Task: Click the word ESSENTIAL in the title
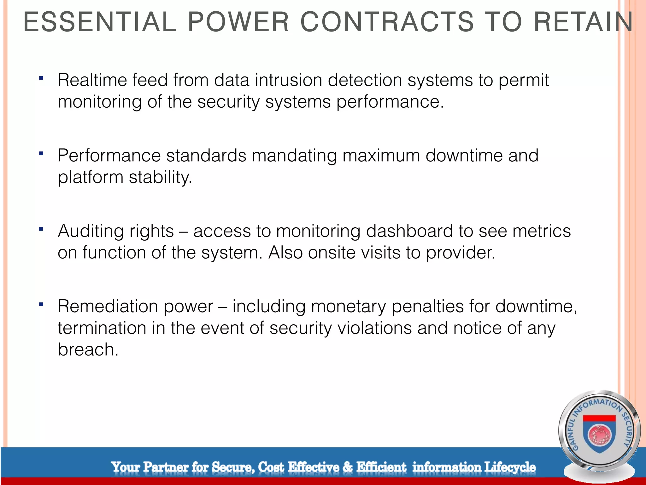tap(100, 22)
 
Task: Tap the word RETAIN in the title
tap(583, 22)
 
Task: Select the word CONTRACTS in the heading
tap(387, 22)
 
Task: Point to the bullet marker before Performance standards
tap(41, 154)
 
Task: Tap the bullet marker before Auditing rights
tap(41, 229)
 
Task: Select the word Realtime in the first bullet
tap(92, 80)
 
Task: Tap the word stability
tap(160, 177)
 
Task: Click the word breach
tap(88, 350)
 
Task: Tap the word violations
tap(374, 328)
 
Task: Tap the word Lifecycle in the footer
tap(510, 467)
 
